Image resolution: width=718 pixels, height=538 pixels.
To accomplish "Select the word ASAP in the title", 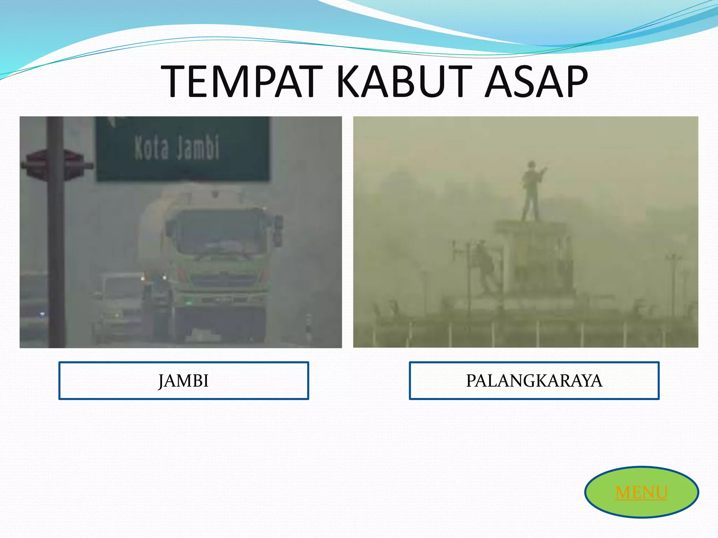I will tap(536, 82).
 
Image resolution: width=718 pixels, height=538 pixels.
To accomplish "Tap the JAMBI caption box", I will tap(183, 381).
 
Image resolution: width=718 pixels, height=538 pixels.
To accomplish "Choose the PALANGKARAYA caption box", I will tap(534, 381).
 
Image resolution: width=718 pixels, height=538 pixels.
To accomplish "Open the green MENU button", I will tap(641, 492).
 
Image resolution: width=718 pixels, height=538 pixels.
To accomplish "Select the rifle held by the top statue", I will tap(541, 173).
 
